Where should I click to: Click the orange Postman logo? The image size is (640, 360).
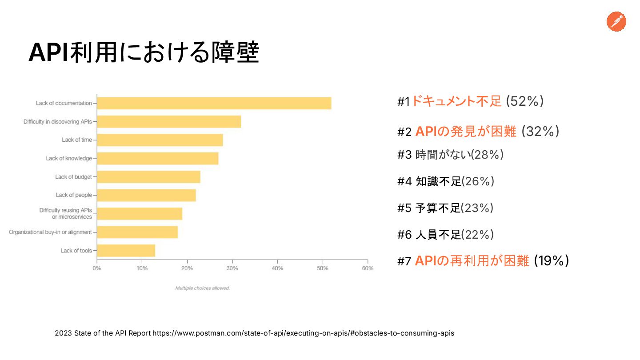click(x=616, y=22)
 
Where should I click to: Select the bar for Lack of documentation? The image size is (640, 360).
click(x=214, y=103)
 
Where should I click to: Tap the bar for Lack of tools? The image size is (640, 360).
click(x=126, y=251)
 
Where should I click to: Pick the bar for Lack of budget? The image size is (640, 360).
click(x=148, y=177)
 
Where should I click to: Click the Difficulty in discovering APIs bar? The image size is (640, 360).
click(x=169, y=122)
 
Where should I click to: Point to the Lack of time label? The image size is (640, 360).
click(x=77, y=140)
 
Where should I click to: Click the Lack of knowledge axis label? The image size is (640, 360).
click(x=69, y=158)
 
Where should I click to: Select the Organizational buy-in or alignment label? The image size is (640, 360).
click(x=50, y=232)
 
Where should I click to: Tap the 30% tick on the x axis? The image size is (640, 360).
click(x=232, y=268)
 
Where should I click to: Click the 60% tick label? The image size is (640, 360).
click(x=368, y=268)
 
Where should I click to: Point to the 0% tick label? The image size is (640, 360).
click(x=96, y=268)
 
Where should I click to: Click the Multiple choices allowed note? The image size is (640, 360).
click(x=203, y=288)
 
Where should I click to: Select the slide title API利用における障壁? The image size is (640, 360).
click(x=144, y=53)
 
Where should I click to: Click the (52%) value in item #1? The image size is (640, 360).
click(x=525, y=101)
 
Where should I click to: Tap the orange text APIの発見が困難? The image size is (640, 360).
click(x=466, y=132)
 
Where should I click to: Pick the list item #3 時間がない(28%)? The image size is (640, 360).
click(x=450, y=155)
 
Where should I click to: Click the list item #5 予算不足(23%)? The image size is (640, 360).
click(x=445, y=208)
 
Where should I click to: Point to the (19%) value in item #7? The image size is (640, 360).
click(x=551, y=261)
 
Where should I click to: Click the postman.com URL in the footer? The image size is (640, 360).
click(x=304, y=333)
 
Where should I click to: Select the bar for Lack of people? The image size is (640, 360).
click(x=146, y=196)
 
